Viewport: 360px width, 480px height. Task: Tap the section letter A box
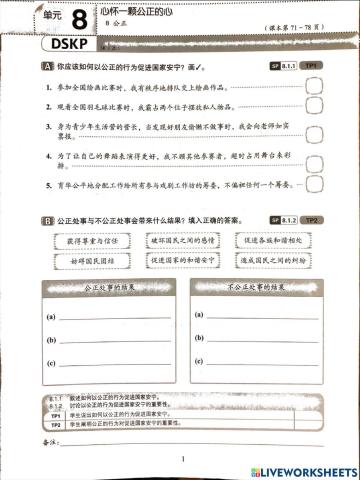click(x=47, y=66)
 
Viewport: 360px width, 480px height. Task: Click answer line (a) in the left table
click(x=115, y=318)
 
